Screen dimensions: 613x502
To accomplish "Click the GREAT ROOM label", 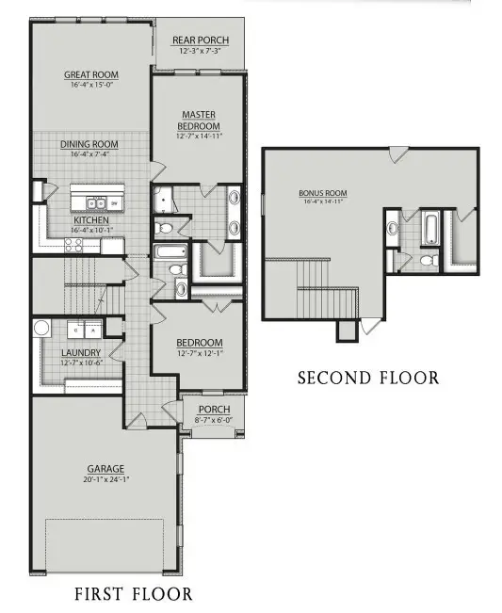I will pyautogui.click(x=89, y=74).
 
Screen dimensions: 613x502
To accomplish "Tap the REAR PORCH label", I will pyautogui.click(x=199, y=40).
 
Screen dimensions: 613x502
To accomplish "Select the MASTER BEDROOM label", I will pyautogui.click(x=201, y=121).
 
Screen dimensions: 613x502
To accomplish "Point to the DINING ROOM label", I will pyautogui.click(x=89, y=144).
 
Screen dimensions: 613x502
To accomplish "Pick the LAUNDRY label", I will pyautogui.click(x=81, y=352).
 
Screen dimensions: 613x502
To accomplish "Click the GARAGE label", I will pyautogui.click(x=105, y=468).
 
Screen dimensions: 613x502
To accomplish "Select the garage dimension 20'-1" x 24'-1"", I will pyautogui.click(x=105, y=478).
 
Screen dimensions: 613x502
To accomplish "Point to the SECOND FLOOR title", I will pyautogui.click(x=368, y=379).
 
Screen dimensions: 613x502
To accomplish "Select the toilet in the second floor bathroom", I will pyautogui.click(x=426, y=260).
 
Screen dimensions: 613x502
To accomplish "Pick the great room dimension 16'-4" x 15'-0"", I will pyautogui.click(x=89, y=85).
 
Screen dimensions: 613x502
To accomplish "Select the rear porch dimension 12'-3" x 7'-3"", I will pyautogui.click(x=199, y=51).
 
